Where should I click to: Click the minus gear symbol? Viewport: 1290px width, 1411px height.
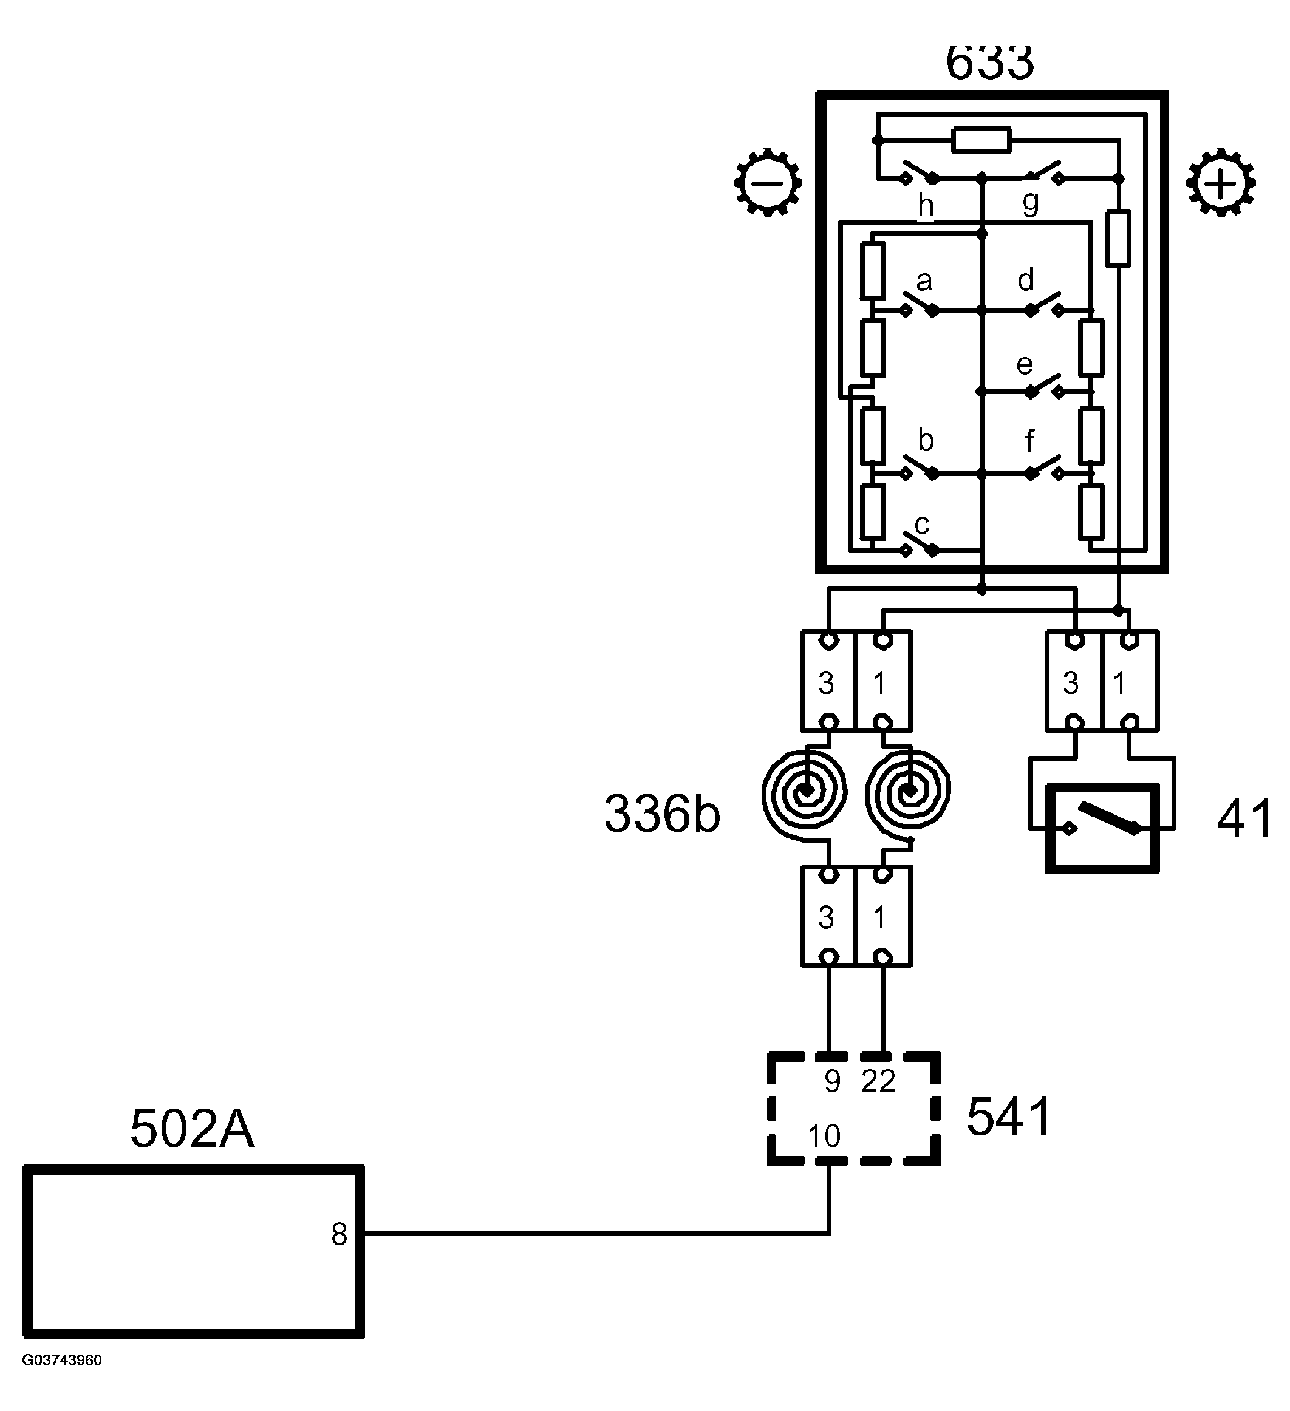[768, 183]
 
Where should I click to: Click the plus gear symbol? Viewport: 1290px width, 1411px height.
[1220, 183]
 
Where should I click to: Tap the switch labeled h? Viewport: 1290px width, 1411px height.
[920, 173]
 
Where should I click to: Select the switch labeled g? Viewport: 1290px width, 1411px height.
[1043, 172]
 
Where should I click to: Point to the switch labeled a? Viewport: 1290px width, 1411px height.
[920, 305]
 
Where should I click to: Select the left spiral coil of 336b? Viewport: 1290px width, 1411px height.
[805, 792]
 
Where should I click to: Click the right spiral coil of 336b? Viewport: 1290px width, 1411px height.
[908, 792]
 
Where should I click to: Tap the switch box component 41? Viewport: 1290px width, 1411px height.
[1102, 828]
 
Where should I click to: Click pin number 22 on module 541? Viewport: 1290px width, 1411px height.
[878, 1081]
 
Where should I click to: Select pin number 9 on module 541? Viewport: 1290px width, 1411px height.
[831, 1081]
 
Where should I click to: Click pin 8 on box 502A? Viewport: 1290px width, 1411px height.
[340, 1234]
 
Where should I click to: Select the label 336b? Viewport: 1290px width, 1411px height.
[661, 814]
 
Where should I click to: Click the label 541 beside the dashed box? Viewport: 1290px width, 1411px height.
[1009, 1117]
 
